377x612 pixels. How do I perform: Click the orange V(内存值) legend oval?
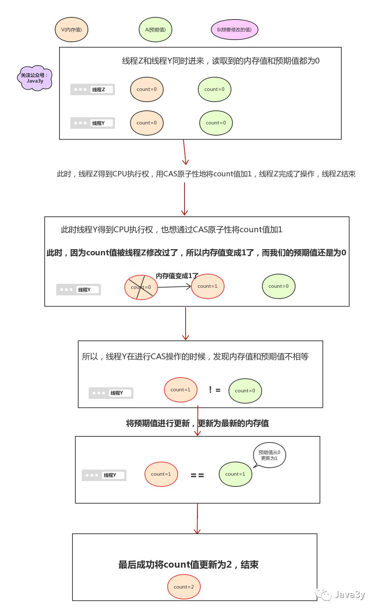pyautogui.click(x=71, y=30)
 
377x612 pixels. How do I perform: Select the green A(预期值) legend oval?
pyautogui.click(x=155, y=30)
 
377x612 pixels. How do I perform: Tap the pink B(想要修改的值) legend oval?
pyautogui.click(x=234, y=30)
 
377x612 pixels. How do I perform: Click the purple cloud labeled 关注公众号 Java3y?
pyautogui.click(x=35, y=78)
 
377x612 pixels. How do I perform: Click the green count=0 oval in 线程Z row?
pyautogui.click(x=214, y=89)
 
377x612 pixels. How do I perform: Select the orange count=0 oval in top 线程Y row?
pyautogui.click(x=147, y=123)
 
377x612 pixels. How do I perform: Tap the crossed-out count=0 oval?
pyautogui.click(x=141, y=287)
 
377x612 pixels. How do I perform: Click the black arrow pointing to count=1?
pyautogui.click(x=174, y=287)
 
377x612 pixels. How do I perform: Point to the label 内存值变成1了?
pyautogui.click(x=177, y=276)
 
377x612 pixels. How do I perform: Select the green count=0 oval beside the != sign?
pyautogui.click(x=245, y=391)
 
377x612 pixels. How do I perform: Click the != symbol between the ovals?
pyautogui.click(x=214, y=390)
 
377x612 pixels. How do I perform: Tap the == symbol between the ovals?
pyautogui.click(x=197, y=475)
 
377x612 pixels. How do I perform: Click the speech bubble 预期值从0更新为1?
pyautogui.click(x=269, y=455)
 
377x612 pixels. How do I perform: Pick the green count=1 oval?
pyautogui.click(x=235, y=474)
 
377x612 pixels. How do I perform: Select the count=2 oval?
pyautogui.click(x=184, y=587)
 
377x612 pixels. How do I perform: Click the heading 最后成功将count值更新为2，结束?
pyautogui.click(x=188, y=565)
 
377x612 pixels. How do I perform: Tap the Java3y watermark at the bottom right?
pyautogui.click(x=341, y=595)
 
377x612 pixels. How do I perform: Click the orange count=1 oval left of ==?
pyautogui.click(x=161, y=474)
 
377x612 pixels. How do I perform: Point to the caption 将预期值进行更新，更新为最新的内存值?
pyautogui.click(x=198, y=423)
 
